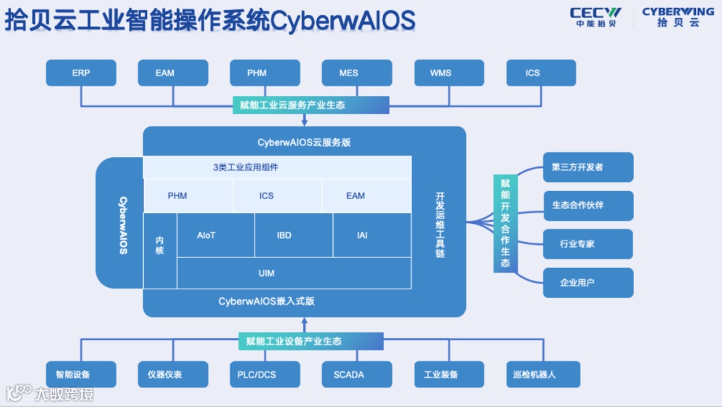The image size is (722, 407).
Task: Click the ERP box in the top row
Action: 81,73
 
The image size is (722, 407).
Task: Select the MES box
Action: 348,73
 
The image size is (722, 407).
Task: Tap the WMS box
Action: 441,73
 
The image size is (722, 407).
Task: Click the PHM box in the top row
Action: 257,73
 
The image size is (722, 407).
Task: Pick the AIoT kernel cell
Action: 207,235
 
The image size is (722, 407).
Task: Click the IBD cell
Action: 284,235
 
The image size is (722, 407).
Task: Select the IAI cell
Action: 362,235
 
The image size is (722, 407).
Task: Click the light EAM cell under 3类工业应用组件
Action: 356,196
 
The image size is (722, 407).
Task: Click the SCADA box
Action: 348,374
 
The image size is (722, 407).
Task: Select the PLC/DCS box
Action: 257,374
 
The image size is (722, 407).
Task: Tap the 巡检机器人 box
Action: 534,374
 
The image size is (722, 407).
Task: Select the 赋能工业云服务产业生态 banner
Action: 311,105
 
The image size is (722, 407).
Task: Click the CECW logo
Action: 596,17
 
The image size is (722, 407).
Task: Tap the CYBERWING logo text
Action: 678,12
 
